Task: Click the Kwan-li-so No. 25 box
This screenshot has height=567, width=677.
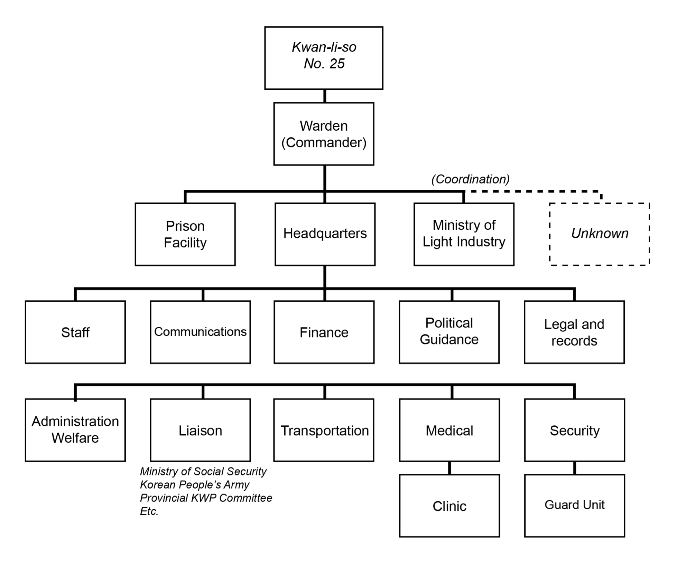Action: click(324, 58)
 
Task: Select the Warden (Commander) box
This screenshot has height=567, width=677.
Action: click(324, 134)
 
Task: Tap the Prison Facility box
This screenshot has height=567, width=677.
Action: click(185, 234)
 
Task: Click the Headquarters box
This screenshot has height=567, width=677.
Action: click(325, 234)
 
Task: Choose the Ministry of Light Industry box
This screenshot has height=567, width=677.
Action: click(464, 234)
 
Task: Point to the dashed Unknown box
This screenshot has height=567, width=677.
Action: click(600, 234)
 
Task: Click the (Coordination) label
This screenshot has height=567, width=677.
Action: click(470, 179)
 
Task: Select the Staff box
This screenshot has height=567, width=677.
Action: click(75, 332)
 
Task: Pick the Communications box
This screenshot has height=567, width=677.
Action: click(200, 332)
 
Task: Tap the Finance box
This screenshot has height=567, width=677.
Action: click(324, 332)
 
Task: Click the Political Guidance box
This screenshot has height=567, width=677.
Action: click(449, 332)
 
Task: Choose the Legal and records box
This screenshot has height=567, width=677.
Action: click(574, 332)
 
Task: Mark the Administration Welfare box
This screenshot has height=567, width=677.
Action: click(75, 430)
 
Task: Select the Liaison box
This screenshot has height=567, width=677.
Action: click(200, 430)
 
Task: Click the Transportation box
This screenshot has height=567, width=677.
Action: click(324, 430)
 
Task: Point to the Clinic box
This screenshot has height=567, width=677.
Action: click(449, 505)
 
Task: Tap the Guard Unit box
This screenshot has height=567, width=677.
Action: click(575, 505)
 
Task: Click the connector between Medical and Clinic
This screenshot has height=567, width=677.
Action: click(449, 468)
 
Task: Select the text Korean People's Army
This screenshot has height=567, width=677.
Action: click(194, 485)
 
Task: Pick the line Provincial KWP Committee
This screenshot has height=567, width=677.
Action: click(206, 498)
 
